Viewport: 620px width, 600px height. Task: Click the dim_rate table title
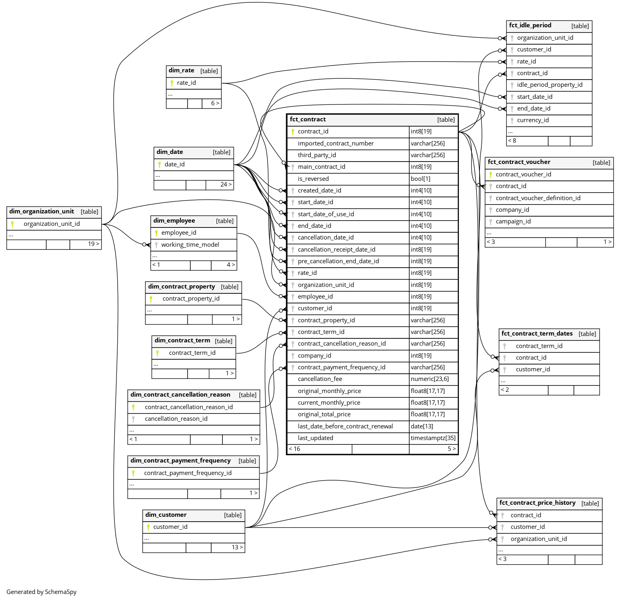(182, 71)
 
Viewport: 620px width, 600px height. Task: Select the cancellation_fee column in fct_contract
(320, 379)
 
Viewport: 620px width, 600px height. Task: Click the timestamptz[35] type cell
(433, 438)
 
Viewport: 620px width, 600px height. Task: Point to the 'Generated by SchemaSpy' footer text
(41, 592)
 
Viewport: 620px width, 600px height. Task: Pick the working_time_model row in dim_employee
(190, 245)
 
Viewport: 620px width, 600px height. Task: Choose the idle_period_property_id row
(549, 85)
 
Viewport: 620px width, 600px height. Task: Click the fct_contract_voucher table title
(519, 162)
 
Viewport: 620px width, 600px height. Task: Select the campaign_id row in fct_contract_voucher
(513, 221)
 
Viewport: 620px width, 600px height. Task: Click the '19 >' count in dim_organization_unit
(94, 244)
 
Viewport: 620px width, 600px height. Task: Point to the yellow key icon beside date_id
(159, 164)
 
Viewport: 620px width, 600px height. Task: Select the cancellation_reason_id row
(176, 419)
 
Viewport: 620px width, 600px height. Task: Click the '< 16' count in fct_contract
(294, 449)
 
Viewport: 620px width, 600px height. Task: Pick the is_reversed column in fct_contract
(313, 179)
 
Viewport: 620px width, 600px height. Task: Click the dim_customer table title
(166, 515)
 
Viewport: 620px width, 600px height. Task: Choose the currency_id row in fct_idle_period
(532, 120)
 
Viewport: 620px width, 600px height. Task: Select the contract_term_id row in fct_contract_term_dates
(539, 346)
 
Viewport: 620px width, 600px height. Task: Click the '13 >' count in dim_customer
(237, 547)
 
